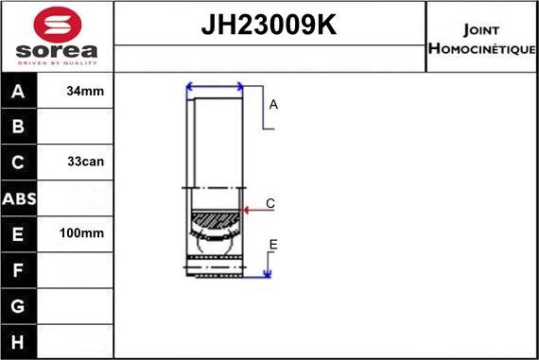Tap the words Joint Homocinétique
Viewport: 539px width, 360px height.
tap(481, 38)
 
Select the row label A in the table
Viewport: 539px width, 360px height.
tap(18, 92)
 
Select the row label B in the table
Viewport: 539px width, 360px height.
tap(18, 127)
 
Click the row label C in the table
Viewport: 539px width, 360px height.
tap(18, 162)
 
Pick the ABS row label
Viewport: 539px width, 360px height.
tap(18, 198)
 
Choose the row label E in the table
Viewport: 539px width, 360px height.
tap(18, 233)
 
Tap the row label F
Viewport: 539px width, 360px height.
tap(18, 270)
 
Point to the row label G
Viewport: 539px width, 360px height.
tap(18, 306)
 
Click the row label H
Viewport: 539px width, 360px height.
tap(18, 341)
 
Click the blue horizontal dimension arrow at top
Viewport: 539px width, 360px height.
tap(216, 88)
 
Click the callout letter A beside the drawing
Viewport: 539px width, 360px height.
tap(273, 105)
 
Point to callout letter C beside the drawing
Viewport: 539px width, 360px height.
tap(270, 203)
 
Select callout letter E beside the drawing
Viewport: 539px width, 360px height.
tap(272, 245)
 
